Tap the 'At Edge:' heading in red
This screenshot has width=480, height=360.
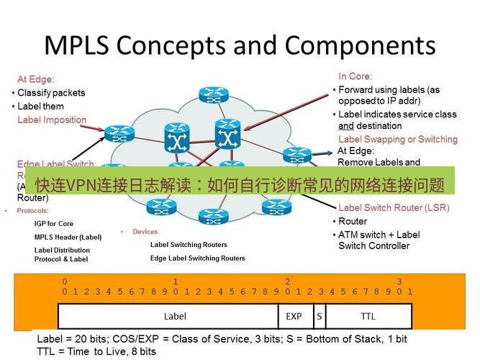(36, 79)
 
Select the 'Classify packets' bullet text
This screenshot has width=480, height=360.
(51, 93)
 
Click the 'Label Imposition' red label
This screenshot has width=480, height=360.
(52, 120)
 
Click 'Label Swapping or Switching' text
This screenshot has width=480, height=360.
(397, 139)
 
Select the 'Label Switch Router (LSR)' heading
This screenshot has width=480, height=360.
(394, 208)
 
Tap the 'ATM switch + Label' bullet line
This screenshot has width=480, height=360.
(379, 235)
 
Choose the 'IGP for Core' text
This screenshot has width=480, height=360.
(54, 224)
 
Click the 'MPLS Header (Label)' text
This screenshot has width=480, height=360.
(68, 237)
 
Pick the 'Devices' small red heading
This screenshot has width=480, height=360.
(145, 232)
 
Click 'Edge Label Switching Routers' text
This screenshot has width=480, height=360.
(197, 258)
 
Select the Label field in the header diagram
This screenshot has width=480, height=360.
(175, 316)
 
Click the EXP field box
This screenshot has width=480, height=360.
(294, 316)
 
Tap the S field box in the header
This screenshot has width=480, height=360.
(318, 316)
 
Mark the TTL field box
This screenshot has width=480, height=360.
(368, 316)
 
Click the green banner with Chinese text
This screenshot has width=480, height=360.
(240, 185)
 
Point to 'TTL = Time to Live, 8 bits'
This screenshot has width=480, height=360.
(96, 351)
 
